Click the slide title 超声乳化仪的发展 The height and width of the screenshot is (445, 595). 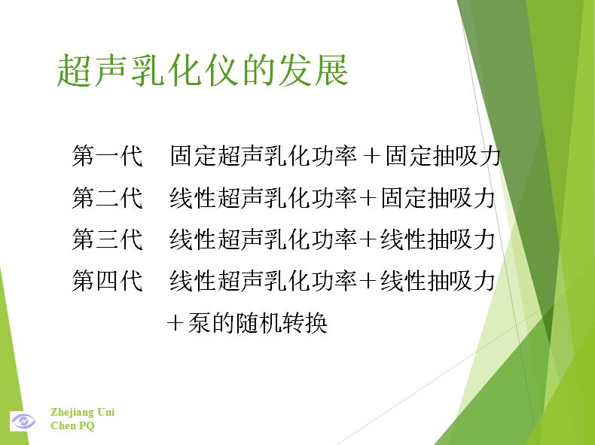[203, 70]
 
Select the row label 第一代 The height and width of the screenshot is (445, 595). [108, 156]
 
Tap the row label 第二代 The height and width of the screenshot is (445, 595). [108, 197]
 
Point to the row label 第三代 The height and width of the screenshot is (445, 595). [108, 239]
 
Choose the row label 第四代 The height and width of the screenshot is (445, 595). [108, 281]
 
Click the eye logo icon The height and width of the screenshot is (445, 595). [23, 421]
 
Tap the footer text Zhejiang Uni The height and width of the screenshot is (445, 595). [82, 412]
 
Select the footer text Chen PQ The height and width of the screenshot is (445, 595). [72, 425]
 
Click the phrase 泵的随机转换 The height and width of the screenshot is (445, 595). [258, 323]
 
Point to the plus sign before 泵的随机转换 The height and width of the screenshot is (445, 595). [175, 324]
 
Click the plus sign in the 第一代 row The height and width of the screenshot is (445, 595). [371, 157]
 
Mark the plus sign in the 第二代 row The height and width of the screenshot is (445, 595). [367, 198]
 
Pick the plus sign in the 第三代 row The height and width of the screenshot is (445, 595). [367, 239]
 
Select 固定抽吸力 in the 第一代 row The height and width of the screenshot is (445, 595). [443, 156]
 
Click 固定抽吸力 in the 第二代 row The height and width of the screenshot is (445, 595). [438, 197]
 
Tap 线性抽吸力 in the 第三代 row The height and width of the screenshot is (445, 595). [438, 239]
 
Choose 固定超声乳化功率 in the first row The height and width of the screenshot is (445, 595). [263, 156]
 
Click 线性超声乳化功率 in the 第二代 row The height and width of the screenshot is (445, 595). [263, 197]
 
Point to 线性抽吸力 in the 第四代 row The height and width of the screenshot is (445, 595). [438, 281]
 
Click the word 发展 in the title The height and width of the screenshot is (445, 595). [313, 70]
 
